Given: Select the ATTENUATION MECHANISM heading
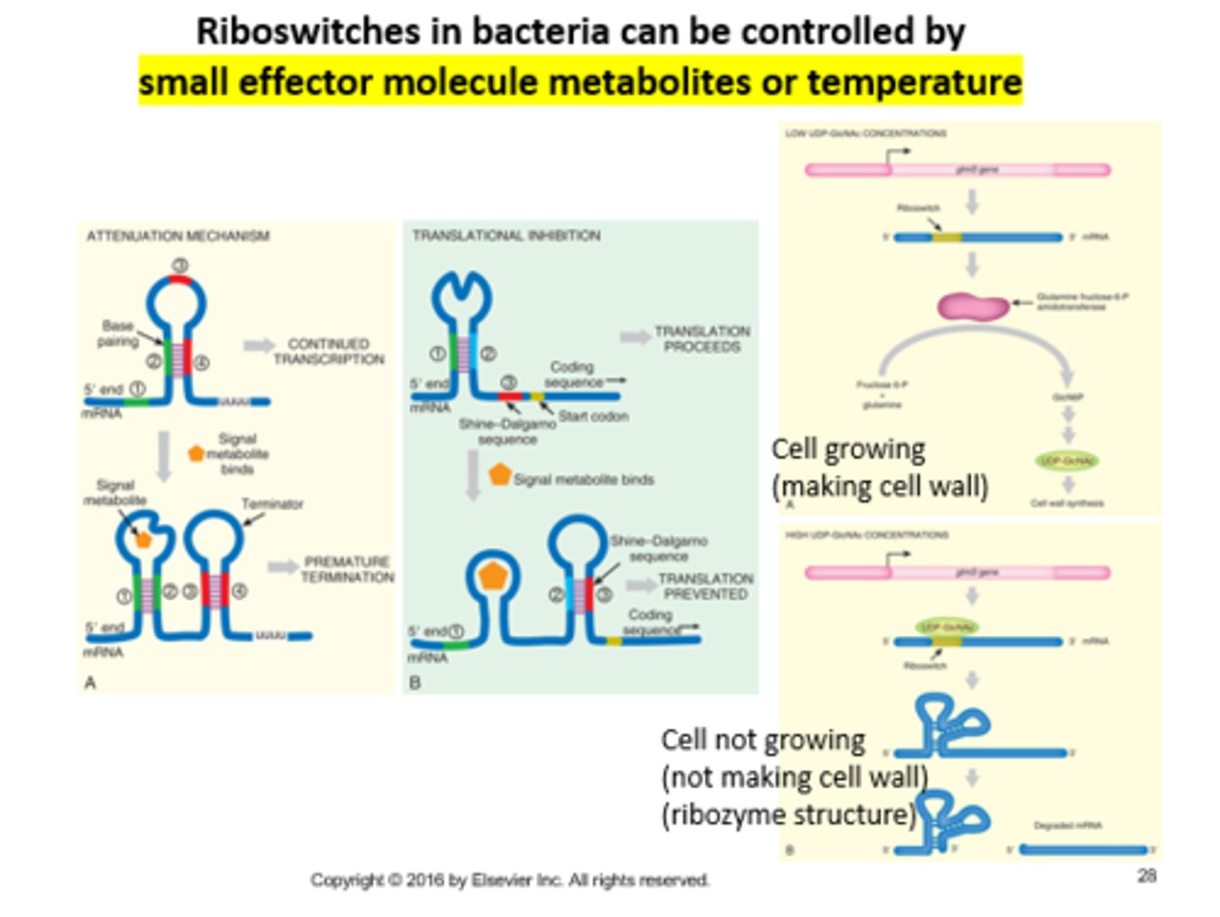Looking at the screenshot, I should click(177, 236).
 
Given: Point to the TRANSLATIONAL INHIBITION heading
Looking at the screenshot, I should click(506, 236).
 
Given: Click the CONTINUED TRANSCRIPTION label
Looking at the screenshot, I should click(329, 352).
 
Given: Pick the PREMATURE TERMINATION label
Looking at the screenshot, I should click(347, 570).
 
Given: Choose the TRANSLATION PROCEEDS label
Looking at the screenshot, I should click(701, 339).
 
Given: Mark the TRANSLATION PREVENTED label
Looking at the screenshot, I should click(705, 586).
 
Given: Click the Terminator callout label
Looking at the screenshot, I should click(272, 503).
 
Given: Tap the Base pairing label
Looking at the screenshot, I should click(118, 333).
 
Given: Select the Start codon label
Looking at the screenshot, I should click(593, 416).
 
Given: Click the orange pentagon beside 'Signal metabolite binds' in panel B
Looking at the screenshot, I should click(500, 475).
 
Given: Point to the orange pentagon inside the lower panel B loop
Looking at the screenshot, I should click(492, 576).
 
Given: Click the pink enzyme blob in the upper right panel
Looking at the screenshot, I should click(973, 306).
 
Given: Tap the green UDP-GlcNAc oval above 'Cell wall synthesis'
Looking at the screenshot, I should click(1067, 461).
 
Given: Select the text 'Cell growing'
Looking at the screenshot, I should click(848, 449).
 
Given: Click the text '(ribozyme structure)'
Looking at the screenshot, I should click(788, 814).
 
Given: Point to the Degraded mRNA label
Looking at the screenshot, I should click(1067, 825).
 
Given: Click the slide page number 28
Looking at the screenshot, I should click(1146, 875).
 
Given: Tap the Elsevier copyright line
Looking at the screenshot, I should click(509, 881).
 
